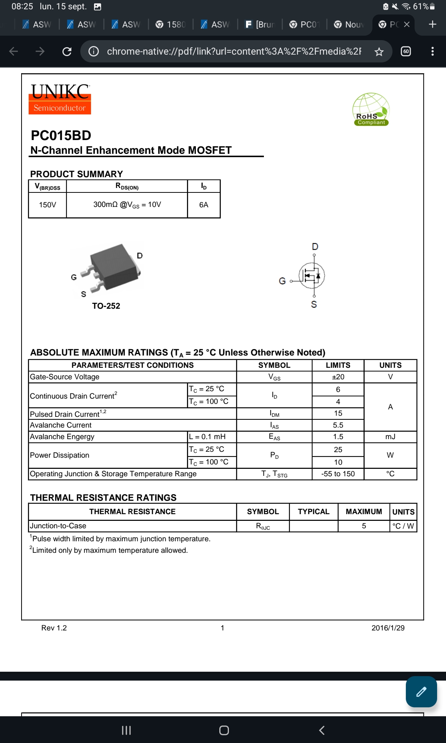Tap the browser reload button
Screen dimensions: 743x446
tap(67, 51)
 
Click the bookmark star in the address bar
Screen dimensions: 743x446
tap(379, 52)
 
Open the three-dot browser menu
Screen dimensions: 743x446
tap(432, 51)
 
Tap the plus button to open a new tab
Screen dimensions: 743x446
tap(432, 25)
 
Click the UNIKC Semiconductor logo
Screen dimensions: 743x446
tap(60, 99)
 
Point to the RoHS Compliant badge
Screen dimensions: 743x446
tap(371, 110)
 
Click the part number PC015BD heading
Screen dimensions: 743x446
tap(61, 136)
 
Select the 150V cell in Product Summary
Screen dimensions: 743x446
tap(48, 205)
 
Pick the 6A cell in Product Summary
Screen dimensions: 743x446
tap(204, 205)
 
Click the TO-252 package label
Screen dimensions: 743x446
tap(106, 306)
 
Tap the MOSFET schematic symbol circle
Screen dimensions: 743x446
tap(312, 276)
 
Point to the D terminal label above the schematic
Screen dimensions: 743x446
tap(315, 247)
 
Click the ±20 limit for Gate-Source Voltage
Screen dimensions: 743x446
tap(338, 377)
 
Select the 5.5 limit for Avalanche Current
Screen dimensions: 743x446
tap(338, 425)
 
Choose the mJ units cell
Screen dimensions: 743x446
tap(390, 437)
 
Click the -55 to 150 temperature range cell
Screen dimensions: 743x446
tap(338, 474)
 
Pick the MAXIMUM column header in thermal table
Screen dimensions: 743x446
tap(363, 512)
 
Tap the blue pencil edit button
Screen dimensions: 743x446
tap(421, 692)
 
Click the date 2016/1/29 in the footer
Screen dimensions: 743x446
tap(388, 628)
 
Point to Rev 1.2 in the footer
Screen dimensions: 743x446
tap(54, 628)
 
